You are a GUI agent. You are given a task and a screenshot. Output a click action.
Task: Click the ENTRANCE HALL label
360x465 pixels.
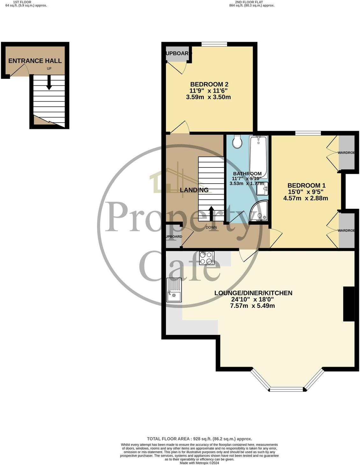pyautogui.click(x=35, y=61)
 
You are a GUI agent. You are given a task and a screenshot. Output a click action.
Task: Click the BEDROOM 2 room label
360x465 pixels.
pyautogui.click(x=209, y=84)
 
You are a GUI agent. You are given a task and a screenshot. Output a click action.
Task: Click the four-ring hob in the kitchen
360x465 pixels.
pyautogui.click(x=206, y=258)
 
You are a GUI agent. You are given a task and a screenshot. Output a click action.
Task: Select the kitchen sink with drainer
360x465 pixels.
pyautogui.click(x=174, y=290)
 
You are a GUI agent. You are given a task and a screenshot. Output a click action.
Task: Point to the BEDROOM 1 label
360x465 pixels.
pyautogui.click(x=306, y=186)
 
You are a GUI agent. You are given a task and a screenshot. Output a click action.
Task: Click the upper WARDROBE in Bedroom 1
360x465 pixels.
pyautogui.click(x=347, y=153)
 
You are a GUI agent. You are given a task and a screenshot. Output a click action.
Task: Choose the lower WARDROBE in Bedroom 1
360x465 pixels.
pyautogui.click(x=347, y=230)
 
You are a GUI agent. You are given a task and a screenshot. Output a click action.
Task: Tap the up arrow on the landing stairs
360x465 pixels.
pyautogui.click(x=211, y=213)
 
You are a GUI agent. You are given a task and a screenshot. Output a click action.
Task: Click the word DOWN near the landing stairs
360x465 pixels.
pyautogui.click(x=211, y=228)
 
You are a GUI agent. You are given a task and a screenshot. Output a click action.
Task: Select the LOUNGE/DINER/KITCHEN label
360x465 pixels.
pyautogui.click(x=253, y=293)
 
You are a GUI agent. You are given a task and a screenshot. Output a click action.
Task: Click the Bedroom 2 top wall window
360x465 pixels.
pyautogui.click(x=214, y=44)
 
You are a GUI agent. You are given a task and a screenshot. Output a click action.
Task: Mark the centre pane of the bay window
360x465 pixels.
pyautogui.click(x=287, y=389)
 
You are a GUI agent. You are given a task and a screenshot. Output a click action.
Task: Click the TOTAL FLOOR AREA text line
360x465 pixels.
pyautogui.click(x=199, y=439)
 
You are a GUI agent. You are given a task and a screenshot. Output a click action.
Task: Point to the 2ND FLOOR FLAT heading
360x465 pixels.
pyautogui.click(x=251, y=2)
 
